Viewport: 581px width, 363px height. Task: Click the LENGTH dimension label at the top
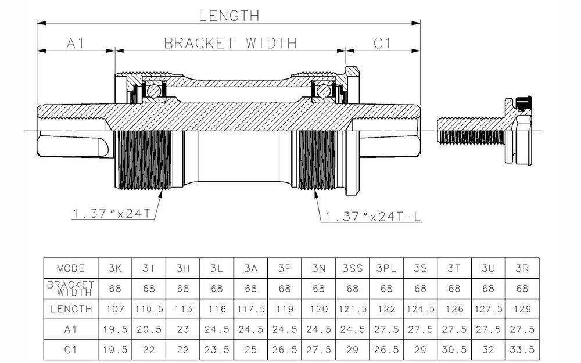coord(229,16)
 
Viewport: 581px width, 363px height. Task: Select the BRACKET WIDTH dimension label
coord(230,43)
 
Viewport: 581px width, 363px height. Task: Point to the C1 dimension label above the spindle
coord(381,43)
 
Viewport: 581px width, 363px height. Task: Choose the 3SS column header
coord(353,268)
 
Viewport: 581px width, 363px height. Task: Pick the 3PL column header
coord(386,268)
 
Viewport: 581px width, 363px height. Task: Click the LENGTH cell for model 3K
coord(115,309)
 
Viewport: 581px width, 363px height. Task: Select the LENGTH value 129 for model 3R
coord(522,309)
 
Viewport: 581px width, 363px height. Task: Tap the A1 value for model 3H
coord(183,329)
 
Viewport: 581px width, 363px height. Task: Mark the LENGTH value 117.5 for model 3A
coord(251,309)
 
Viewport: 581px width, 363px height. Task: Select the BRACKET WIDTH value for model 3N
coord(318,289)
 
